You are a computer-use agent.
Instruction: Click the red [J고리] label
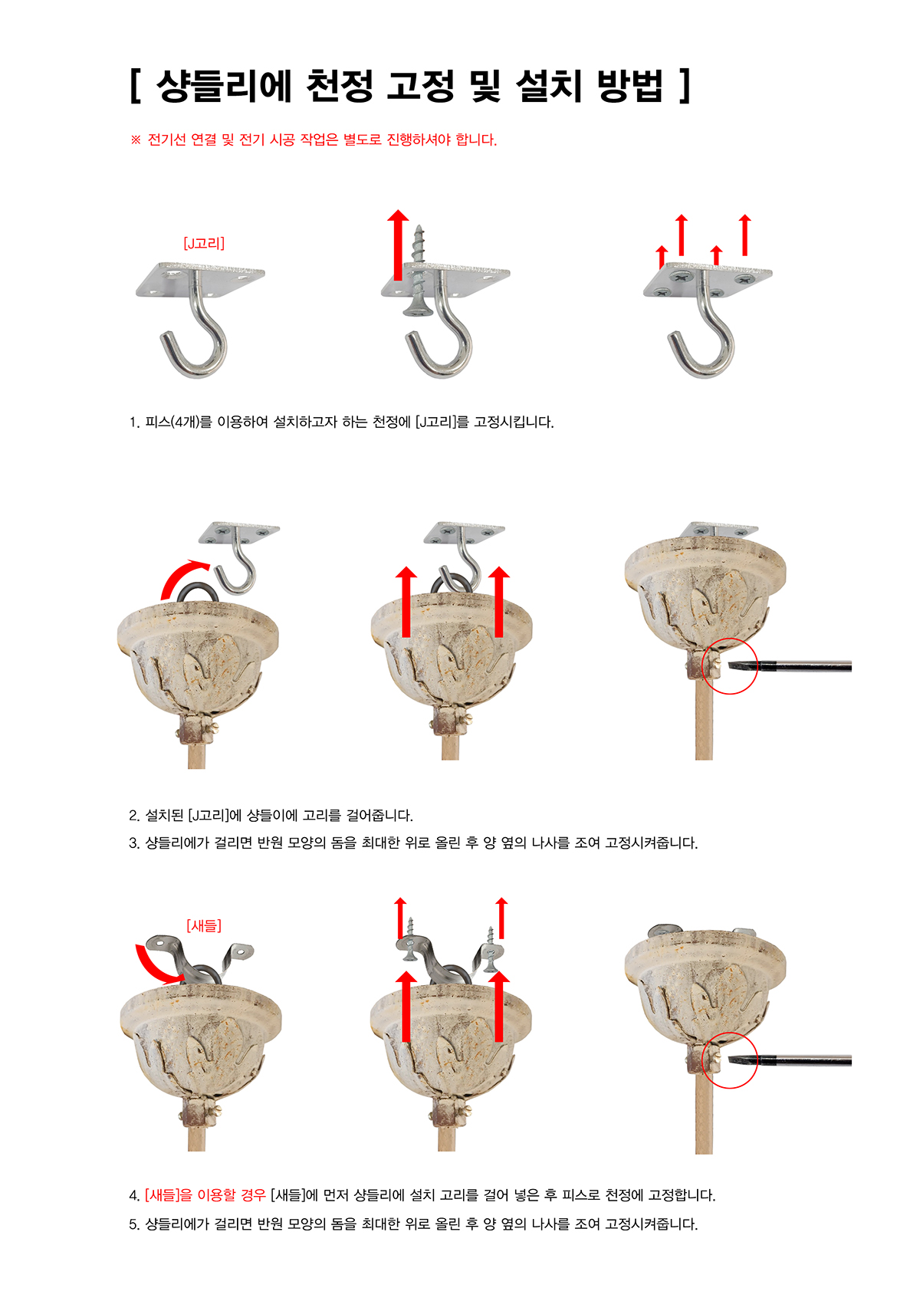coord(204,243)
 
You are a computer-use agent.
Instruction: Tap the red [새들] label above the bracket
coord(204,925)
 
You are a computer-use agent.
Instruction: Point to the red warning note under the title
coord(314,140)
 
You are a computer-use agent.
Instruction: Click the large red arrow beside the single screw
coord(398,245)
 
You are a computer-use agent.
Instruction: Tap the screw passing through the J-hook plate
coord(418,271)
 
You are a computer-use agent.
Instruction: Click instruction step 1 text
coord(341,422)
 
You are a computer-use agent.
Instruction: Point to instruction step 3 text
coord(413,843)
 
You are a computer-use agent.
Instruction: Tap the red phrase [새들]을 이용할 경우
coord(205,1195)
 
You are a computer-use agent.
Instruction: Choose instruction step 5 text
coord(413,1224)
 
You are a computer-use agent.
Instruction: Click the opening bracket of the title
coord(136,86)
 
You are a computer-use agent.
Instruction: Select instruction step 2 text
coord(271,816)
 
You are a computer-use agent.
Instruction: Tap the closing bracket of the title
coord(685,86)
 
